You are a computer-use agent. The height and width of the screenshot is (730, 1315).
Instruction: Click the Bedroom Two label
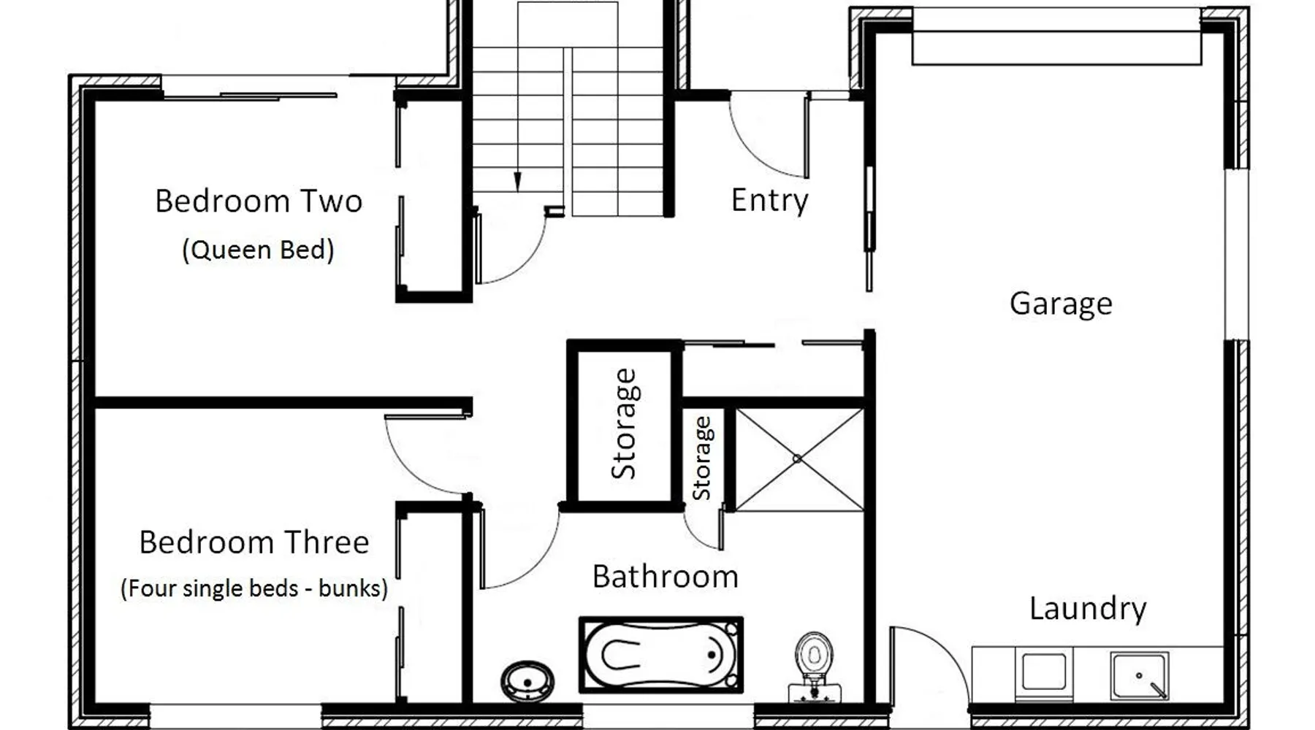259,201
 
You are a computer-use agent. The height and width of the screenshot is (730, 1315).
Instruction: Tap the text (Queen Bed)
258,250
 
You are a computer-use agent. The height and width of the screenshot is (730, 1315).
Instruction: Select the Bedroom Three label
254,542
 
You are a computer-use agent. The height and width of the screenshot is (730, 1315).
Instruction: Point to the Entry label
770,201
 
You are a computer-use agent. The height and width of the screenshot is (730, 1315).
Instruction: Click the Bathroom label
666,577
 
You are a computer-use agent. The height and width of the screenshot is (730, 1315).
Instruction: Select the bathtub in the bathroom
661,655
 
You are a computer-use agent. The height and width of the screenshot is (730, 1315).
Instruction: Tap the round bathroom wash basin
527,681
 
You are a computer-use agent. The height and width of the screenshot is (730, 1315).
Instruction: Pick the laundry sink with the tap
1139,676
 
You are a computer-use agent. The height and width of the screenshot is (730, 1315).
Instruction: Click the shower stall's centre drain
797,458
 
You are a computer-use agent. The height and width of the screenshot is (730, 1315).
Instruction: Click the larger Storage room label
624,423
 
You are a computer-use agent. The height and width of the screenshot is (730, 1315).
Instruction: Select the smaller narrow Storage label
701,458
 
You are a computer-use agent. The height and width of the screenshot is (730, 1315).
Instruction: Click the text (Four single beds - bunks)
254,588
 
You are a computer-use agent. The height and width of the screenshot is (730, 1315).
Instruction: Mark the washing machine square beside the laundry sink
1044,672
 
